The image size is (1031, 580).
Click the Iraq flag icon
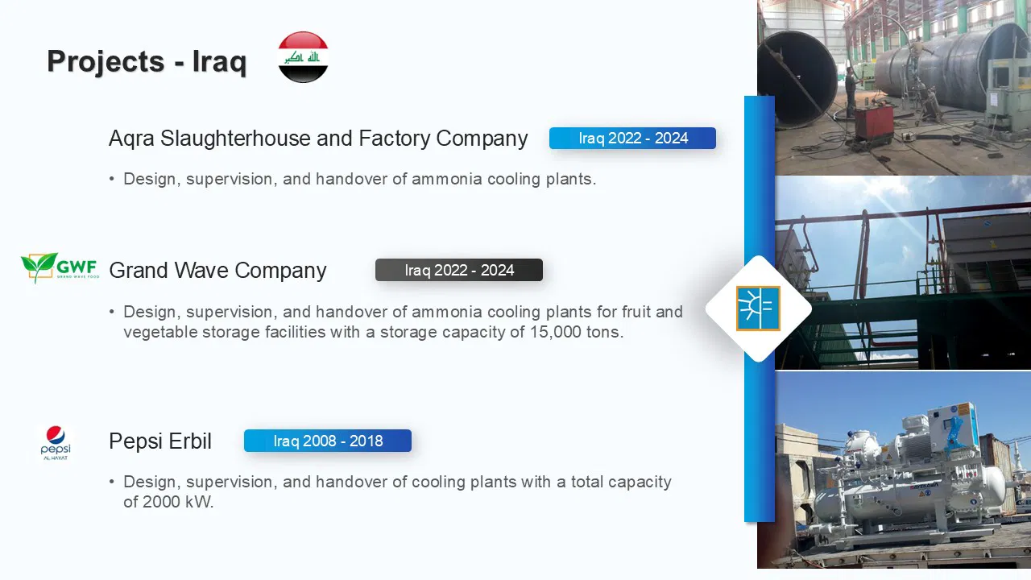[303, 57]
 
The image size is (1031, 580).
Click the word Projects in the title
[106, 61]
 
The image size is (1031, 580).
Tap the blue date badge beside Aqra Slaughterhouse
[632, 138]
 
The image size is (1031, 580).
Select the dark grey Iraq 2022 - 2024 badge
[459, 270]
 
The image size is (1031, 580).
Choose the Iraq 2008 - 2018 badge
[328, 441]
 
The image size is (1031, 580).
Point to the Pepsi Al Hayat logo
[56, 443]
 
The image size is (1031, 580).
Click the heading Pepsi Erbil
[160, 441]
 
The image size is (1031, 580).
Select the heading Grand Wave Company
[217, 270]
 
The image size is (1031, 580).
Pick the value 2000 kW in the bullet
[168, 502]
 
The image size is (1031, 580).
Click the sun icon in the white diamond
[758, 309]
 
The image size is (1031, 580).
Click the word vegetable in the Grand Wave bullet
[160, 333]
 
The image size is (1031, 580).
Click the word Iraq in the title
[220, 62]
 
